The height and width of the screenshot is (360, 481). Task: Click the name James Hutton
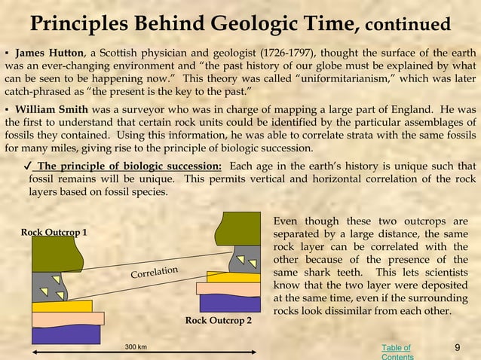(50, 53)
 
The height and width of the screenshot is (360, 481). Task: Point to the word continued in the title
(407, 25)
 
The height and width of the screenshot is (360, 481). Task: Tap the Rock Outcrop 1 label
(54, 232)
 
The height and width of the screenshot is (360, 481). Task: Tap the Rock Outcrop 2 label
(219, 321)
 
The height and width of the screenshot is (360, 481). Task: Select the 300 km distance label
(136, 347)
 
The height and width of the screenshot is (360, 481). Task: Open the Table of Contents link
(397, 352)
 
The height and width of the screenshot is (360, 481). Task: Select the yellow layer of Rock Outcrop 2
(226, 277)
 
